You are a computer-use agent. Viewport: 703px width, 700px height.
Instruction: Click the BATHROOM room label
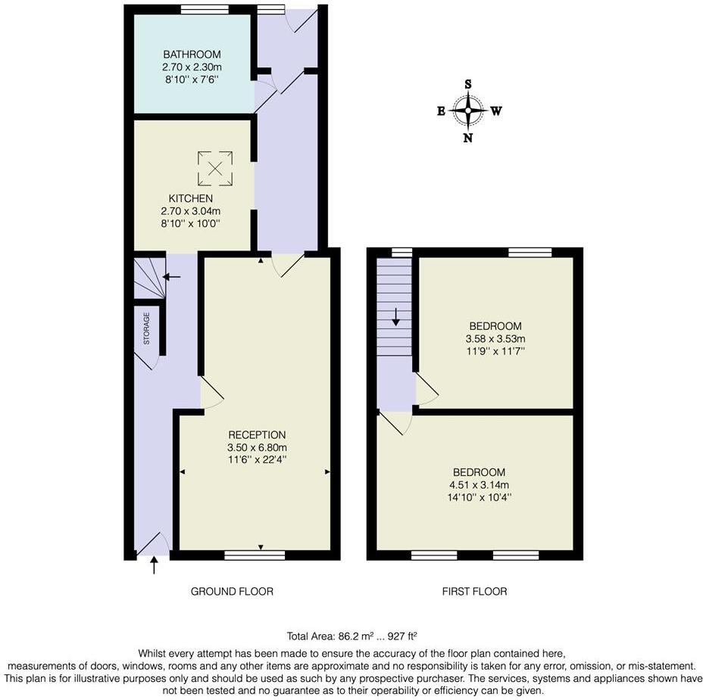(x=192, y=54)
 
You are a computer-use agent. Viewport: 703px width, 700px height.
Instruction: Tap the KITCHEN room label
(x=190, y=198)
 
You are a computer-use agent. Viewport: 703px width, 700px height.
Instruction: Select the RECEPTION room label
(x=258, y=435)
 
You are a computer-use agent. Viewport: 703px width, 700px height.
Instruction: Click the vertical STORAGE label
(x=146, y=328)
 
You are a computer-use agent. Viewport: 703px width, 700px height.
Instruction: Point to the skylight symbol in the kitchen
(x=215, y=168)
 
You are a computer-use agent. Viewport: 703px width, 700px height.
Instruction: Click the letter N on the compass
(x=468, y=138)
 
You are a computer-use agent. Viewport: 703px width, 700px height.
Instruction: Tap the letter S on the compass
(x=468, y=84)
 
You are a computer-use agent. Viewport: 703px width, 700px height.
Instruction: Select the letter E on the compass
(x=441, y=111)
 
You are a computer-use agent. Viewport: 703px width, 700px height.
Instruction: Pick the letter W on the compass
(x=496, y=111)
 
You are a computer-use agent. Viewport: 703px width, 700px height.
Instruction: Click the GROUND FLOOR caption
(x=232, y=591)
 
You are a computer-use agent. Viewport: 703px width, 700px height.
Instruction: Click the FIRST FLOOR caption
(x=475, y=591)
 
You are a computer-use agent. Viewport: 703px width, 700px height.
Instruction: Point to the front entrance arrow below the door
(x=154, y=565)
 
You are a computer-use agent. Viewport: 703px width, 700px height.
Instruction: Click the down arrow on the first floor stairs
(x=395, y=316)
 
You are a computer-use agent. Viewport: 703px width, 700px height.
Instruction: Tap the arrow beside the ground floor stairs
(x=172, y=277)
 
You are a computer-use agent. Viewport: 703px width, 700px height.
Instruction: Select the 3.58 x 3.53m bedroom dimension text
(x=496, y=339)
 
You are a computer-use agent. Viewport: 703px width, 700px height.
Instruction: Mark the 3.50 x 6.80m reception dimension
(x=258, y=447)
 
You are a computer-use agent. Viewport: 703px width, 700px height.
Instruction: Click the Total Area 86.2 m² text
(x=353, y=636)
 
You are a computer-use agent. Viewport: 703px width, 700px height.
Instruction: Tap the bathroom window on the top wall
(x=205, y=10)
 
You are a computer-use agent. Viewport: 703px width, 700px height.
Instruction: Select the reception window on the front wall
(x=255, y=555)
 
